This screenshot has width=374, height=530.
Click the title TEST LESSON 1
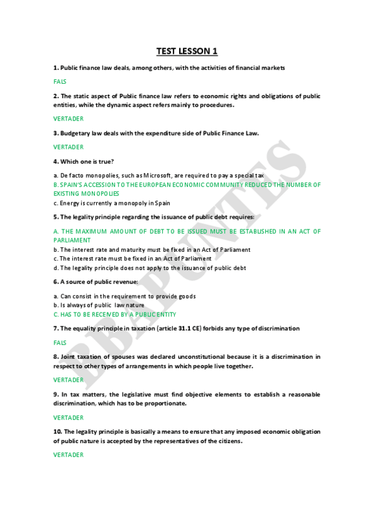[187, 51]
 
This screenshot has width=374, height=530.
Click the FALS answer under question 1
[60, 81]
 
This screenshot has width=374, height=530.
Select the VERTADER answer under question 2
[68, 118]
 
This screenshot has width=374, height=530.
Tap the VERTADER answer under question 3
[68, 147]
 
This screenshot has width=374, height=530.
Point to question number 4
[56, 161]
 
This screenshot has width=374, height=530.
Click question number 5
[56, 217]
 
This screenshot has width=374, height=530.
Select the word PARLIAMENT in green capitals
[72, 240]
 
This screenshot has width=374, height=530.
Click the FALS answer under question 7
[60, 342]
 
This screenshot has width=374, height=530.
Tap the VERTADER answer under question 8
[68, 379]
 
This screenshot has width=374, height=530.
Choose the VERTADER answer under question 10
[68, 454]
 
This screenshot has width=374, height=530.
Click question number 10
[57, 431]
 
